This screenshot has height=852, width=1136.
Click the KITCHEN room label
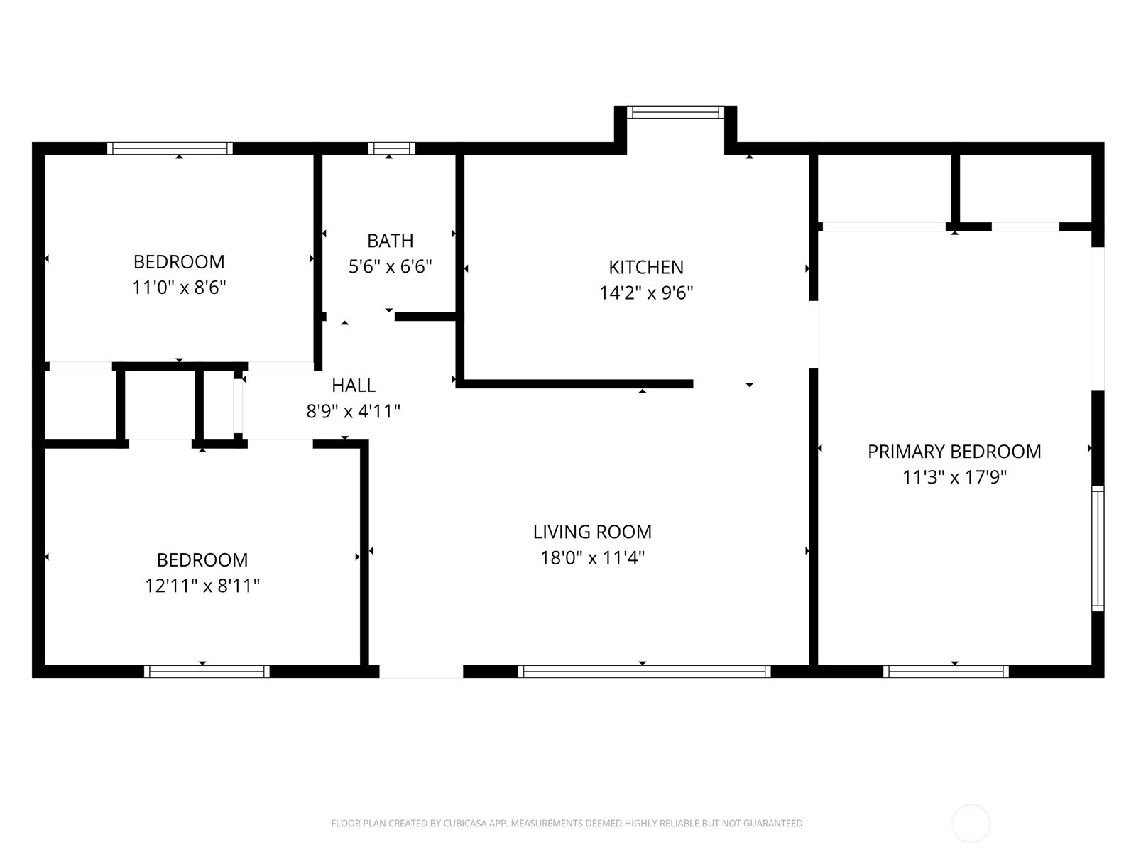point(646,268)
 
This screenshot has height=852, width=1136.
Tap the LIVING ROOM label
point(592,532)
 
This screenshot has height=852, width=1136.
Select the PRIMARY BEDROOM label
point(954,452)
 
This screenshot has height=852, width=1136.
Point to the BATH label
point(390,241)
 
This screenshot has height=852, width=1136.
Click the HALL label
point(354,386)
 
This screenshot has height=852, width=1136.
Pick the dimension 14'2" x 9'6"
point(646,293)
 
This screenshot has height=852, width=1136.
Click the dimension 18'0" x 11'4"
point(592,558)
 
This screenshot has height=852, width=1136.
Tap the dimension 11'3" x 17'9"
point(954,477)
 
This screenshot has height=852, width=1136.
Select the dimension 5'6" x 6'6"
point(390,267)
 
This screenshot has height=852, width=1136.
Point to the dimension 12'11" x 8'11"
point(202,586)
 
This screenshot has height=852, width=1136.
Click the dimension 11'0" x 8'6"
point(179,288)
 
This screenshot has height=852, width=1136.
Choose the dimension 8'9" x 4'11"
point(354,412)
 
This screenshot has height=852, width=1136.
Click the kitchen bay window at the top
point(675,112)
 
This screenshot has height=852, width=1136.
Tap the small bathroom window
point(391,148)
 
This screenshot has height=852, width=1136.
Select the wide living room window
point(644,672)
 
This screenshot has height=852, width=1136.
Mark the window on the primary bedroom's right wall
point(1098,548)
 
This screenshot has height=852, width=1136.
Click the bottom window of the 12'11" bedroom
point(207,672)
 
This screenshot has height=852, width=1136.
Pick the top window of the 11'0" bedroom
point(170,148)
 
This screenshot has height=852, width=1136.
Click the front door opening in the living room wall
point(421,672)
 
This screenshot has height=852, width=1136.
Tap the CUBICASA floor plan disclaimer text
point(568,824)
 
